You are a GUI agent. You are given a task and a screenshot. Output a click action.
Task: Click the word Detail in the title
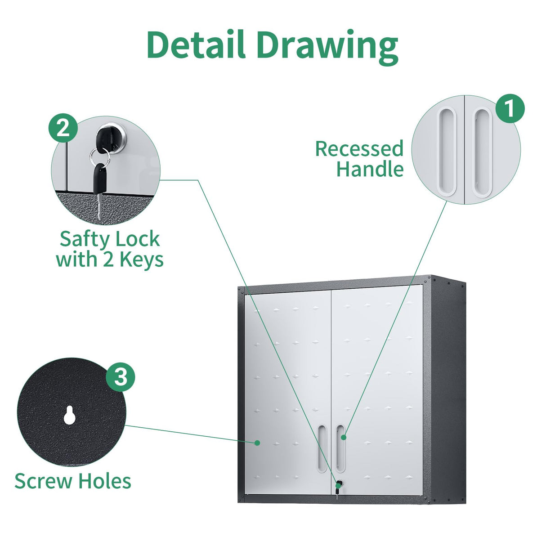click(x=196, y=44)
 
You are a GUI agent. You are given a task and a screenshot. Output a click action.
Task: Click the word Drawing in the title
click(x=327, y=48)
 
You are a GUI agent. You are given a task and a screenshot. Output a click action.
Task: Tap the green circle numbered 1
click(x=510, y=108)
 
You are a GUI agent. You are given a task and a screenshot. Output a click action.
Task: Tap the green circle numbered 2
click(x=63, y=128)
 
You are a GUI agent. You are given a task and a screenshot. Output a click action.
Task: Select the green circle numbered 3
click(x=121, y=377)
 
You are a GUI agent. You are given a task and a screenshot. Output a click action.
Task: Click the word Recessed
click(x=359, y=148)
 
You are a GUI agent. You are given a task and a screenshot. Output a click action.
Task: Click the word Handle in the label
click(x=370, y=169)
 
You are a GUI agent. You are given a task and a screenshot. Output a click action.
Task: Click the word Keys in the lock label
click(x=141, y=260)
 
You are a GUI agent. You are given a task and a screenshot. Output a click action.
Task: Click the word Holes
click(x=104, y=480)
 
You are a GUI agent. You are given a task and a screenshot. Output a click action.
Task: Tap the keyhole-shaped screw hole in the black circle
click(x=69, y=416)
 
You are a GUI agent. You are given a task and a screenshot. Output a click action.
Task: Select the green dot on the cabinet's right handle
click(x=344, y=437)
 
